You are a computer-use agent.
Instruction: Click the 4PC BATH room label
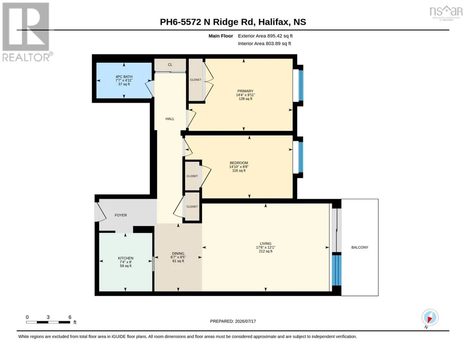124,77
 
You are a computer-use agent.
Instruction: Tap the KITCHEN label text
125,258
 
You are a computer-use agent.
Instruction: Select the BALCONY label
360,247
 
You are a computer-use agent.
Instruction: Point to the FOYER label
120,215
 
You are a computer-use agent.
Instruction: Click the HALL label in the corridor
170,119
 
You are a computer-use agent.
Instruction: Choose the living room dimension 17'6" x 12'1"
266,247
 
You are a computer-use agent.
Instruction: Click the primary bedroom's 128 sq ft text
246,99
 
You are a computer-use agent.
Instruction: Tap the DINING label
178,253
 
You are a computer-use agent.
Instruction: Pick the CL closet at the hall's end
170,65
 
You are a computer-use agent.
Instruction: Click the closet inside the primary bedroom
196,80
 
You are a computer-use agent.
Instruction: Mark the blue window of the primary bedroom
301,85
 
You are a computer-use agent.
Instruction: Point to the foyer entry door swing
100,212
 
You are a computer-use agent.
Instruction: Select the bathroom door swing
149,89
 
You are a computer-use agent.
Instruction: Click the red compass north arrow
430,319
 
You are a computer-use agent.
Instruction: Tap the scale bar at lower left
48,322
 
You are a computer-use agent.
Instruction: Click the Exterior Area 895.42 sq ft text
265,36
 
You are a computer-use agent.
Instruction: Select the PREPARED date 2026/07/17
233,321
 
